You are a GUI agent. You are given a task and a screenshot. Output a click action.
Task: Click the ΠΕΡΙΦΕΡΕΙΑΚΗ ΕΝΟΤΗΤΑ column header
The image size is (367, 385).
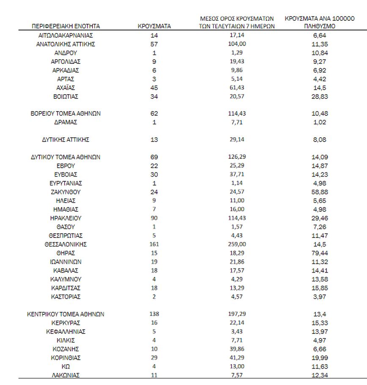66,26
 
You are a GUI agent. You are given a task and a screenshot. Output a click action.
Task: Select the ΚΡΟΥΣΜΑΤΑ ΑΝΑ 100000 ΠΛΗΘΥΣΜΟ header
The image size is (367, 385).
320,22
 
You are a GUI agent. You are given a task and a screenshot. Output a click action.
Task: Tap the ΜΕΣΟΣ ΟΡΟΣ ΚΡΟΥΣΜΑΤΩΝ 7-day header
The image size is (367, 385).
237,22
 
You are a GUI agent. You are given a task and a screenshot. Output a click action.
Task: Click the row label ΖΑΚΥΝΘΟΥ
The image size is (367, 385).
66,192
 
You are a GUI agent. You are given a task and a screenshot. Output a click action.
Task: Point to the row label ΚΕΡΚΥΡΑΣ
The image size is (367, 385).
66,323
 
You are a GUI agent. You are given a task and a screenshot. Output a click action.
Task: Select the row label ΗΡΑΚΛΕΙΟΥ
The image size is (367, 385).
66,218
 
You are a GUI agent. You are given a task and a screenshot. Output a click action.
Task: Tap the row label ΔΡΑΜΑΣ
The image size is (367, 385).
66,122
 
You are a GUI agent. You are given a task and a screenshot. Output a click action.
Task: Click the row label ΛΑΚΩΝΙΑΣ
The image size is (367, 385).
66,375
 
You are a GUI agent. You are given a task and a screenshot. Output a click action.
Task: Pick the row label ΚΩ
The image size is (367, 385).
66,366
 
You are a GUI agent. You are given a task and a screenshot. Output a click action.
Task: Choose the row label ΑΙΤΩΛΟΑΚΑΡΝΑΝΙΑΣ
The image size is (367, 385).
66,35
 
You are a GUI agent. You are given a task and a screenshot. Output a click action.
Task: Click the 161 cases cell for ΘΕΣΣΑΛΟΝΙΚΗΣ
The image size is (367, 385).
154,244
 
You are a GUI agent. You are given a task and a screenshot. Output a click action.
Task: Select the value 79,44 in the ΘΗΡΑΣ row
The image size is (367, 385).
320,253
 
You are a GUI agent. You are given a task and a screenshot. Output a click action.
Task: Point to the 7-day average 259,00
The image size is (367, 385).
237,244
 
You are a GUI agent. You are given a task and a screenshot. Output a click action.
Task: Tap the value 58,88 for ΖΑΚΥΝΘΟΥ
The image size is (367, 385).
320,192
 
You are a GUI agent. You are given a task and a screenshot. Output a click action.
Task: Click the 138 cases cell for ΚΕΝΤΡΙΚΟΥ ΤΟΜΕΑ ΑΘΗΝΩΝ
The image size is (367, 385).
154,314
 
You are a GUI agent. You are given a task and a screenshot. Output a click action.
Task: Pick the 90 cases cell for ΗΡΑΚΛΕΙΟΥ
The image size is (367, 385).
154,218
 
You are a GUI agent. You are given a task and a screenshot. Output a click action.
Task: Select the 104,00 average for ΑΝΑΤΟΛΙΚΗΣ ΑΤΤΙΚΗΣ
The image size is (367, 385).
237,44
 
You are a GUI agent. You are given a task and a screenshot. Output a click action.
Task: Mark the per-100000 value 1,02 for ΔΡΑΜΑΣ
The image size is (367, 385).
320,122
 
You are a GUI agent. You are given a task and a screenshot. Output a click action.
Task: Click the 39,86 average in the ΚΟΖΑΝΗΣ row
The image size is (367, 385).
237,349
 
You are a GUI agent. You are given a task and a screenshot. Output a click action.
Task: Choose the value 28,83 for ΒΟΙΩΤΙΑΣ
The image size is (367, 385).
320,96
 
